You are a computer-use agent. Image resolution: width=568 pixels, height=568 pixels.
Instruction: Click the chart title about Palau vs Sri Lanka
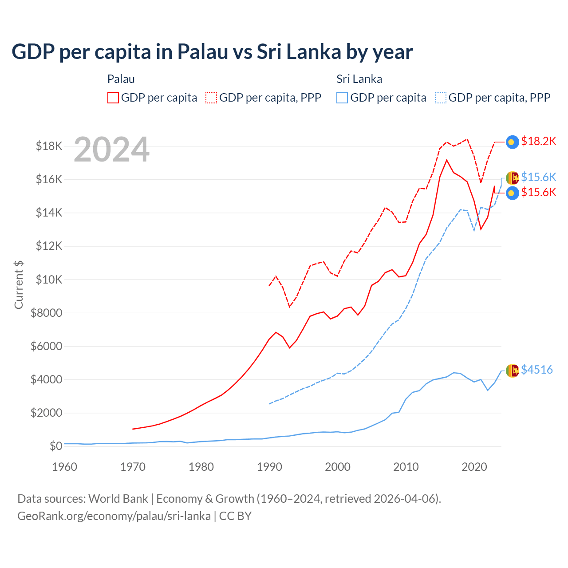[212, 51]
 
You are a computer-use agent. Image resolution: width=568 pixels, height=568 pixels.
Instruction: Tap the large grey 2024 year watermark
[111, 150]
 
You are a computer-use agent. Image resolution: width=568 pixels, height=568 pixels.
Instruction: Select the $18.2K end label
[538, 141]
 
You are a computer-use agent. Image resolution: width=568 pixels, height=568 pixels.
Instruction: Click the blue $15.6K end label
[538, 177]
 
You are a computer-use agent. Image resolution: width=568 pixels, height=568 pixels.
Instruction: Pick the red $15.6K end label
[538, 192]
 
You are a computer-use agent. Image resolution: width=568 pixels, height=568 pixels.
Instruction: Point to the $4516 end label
[536, 370]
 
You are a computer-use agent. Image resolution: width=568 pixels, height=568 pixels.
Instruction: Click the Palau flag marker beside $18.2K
[513, 142]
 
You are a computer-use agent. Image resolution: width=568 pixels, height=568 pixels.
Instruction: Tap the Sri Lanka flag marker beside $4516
[513, 371]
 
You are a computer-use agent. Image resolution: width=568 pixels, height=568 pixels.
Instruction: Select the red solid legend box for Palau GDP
[113, 98]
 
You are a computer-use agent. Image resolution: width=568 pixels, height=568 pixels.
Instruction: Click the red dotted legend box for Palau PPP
[211, 98]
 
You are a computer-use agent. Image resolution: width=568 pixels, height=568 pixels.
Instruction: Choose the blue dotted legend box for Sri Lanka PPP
[441, 98]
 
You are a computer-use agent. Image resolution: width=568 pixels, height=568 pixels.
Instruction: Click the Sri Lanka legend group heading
[359, 79]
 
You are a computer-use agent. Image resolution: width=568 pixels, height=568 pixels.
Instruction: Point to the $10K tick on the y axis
[49, 280]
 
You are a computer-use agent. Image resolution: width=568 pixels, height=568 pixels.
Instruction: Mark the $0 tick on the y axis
[55, 446]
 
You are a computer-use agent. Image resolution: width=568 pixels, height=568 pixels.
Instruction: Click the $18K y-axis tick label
[49, 146]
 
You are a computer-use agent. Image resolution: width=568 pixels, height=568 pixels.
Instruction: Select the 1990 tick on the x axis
[269, 467]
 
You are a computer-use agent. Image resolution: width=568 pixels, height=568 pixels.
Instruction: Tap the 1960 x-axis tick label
[65, 467]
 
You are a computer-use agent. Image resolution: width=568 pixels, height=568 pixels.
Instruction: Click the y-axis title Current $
[19, 285]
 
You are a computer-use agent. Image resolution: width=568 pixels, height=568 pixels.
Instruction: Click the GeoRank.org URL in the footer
[114, 516]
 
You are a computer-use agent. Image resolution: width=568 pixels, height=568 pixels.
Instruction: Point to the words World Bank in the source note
[118, 499]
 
